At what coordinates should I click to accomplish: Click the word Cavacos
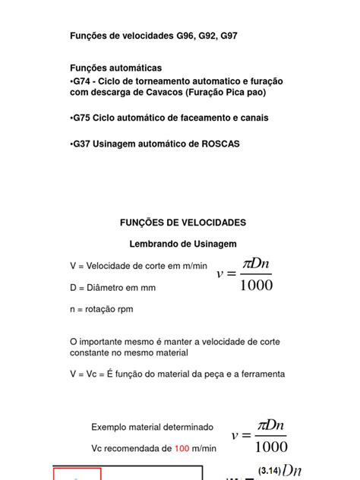159,92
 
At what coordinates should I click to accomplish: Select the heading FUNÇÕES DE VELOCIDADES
183,223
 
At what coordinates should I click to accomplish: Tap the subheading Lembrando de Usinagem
183,244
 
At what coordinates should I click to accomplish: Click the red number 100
182,449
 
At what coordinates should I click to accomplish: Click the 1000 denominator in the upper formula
255,286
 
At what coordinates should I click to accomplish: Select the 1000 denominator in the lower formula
270,447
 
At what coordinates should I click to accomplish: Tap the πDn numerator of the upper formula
257,264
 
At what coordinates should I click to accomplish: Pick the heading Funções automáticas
115,68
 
